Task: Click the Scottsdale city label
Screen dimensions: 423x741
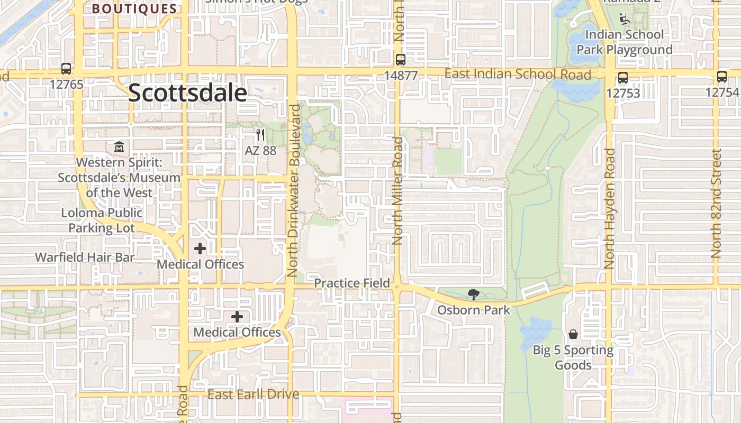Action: click(x=187, y=93)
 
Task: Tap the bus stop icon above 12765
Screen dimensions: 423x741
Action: click(x=66, y=69)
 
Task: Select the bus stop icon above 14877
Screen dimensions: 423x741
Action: click(x=401, y=60)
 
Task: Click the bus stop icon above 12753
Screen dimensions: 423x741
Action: click(x=623, y=78)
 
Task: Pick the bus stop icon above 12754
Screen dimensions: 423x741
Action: click(x=722, y=77)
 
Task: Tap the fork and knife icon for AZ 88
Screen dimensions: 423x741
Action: click(x=260, y=135)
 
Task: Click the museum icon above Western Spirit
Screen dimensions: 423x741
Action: click(x=119, y=146)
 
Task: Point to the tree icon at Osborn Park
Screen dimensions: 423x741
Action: click(x=473, y=294)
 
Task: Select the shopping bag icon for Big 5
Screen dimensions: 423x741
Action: click(x=573, y=334)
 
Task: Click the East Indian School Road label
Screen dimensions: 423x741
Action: click(x=518, y=74)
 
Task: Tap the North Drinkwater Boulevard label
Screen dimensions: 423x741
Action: click(x=293, y=190)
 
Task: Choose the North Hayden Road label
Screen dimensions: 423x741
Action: click(x=609, y=208)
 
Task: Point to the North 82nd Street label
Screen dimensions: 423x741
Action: click(x=717, y=204)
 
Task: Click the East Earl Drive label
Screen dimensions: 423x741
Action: click(x=253, y=394)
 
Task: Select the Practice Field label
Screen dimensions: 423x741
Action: click(x=353, y=283)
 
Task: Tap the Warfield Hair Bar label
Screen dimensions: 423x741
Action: click(x=85, y=257)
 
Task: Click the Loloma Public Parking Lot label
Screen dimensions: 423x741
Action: click(x=102, y=220)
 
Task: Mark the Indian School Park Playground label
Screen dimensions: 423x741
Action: click(x=625, y=42)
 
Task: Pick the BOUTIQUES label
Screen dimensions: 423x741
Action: click(x=134, y=9)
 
